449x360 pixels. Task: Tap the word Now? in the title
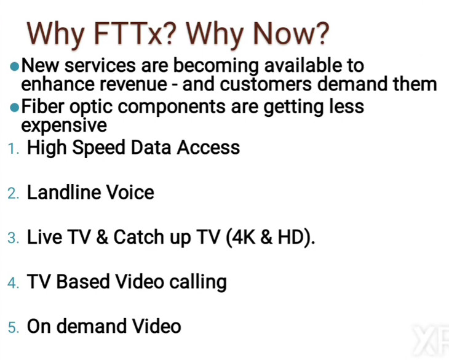[x=291, y=33]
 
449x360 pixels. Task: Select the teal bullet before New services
[x=14, y=66]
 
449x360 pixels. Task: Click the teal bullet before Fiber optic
[x=14, y=108]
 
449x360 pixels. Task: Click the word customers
[x=266, y=84]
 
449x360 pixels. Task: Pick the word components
[x=172, y=108]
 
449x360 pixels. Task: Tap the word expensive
[x=64, y=126]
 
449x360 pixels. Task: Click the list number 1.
[x=14, y=149]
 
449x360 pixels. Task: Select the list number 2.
[x=14, y=194]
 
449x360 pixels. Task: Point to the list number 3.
[x=14, y=238]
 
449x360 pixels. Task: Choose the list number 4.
[x=14, y=283]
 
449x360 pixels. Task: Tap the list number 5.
[x=14, y=327]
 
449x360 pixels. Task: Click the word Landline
[x=63, y=192]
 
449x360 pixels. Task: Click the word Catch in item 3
[x=139, y=237]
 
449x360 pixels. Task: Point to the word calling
[x=198, y=282]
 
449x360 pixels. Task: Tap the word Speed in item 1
[x=98, y=148]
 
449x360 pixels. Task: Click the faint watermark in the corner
[x=431, y=340]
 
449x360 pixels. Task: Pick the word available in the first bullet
[x=303, y=65]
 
